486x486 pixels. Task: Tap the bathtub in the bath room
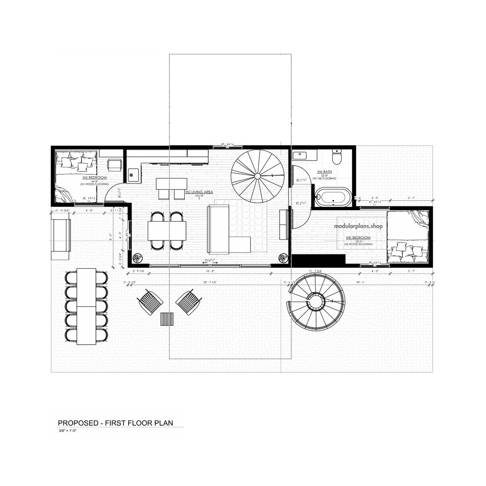(x=334, y=197)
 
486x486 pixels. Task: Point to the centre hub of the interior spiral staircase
(x=257, y=176)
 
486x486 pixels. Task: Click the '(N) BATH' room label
(x=324, y=171)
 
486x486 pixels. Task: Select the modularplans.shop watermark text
(x=358, y=226)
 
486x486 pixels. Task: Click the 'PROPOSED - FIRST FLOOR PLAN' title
(x=115, y=422)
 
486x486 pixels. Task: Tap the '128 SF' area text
(x=358, y=241)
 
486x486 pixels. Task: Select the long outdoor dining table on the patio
(x=86, y=307)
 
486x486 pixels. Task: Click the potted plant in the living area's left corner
(x=137, y=258)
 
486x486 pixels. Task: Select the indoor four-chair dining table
(x=166, y=230)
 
